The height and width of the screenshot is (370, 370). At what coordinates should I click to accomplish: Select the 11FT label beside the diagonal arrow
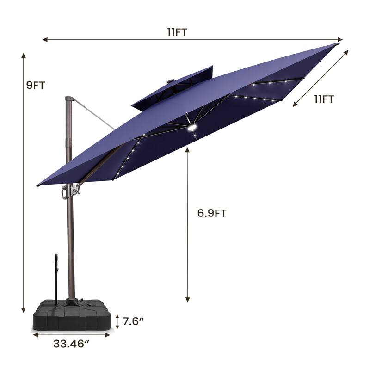coord(324,99)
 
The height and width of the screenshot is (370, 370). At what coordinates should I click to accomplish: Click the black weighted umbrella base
coord(72,314)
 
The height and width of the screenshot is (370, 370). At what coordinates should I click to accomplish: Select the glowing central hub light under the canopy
coord(192,128)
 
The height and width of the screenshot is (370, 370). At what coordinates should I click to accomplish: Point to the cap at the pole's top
coord(69,99)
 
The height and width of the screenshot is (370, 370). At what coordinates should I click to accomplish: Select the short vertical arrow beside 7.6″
coord(117,321)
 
